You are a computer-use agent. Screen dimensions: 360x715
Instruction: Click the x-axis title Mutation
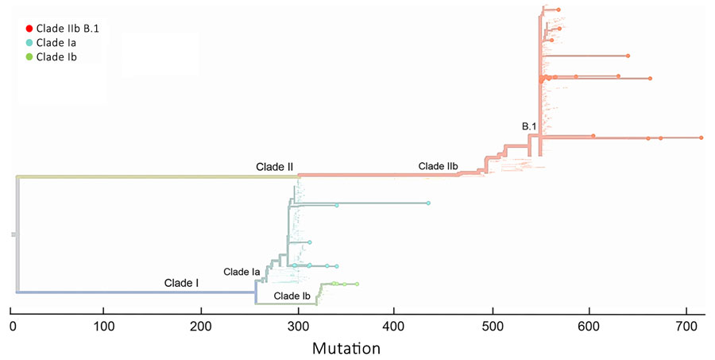pos(346,348)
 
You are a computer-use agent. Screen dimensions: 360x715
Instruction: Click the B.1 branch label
pos(530,126)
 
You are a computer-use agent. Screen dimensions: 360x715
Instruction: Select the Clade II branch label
pos(274,167)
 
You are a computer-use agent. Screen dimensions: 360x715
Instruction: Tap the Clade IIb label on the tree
pos(438,167)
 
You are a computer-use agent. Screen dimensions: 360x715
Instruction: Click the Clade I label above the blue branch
pos(182,282)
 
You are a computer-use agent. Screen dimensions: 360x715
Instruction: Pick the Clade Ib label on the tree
pos(292,296)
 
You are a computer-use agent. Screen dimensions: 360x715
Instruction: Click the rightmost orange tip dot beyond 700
pos(701,138)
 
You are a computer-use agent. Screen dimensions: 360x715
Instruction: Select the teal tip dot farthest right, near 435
pos(428,204)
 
